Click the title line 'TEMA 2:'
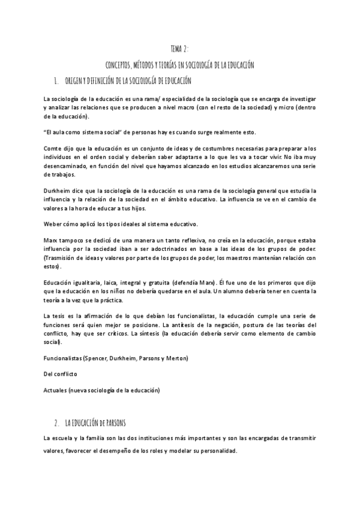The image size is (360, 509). (x=179, y=50)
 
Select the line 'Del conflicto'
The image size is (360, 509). (x=61, y=374)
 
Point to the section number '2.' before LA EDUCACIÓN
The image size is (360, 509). (x=55, y=423)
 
